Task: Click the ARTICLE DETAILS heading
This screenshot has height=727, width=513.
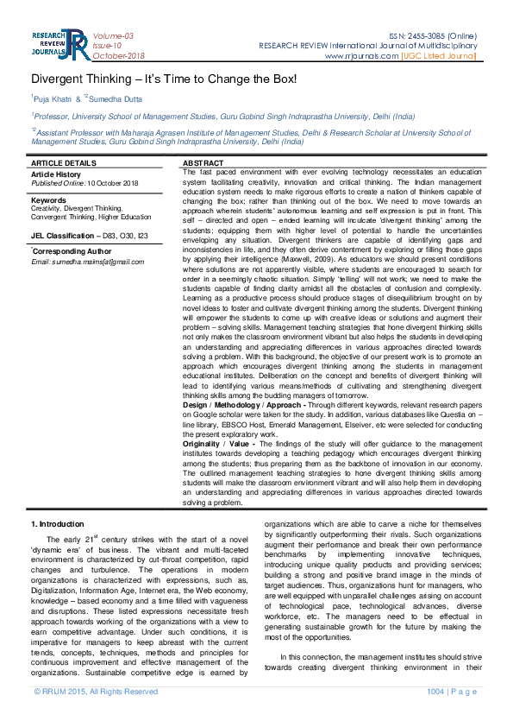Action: coord(64,163)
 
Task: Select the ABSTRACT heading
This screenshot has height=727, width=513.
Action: coord(204,163)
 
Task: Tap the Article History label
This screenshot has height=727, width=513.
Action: coord(55,174)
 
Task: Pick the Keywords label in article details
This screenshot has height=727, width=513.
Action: coord(48,200)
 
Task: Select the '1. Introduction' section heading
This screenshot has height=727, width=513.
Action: coord(58,524)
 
